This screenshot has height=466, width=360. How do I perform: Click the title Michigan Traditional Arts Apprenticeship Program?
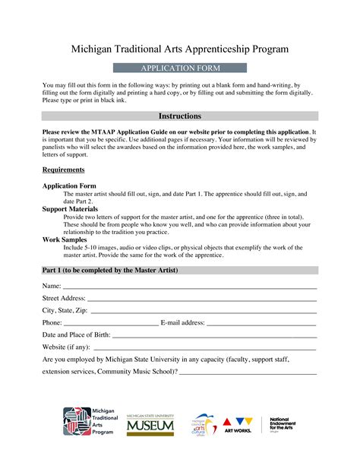coord(180,49)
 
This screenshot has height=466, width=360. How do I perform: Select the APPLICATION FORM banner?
coord(180,68)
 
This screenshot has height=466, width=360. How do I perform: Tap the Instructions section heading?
coord(180,116)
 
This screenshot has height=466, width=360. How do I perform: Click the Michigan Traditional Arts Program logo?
coord(88,421)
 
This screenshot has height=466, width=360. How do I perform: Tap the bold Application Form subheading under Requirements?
coord(69,185)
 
